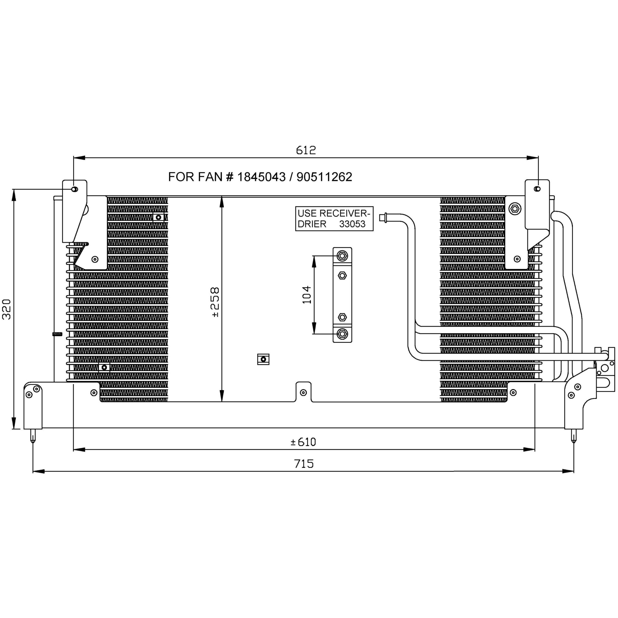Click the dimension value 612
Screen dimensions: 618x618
click(x=306, y=150)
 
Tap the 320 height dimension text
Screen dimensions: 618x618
click(x=7, y=309)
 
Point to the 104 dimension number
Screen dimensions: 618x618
click(x=306, y=295)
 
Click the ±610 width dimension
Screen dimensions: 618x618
click(x=303, y=442)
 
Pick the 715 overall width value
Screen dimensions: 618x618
click(x=304, y=464)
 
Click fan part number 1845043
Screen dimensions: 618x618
click(x=261, y=177)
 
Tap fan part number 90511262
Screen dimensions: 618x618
click(x=324, y=177)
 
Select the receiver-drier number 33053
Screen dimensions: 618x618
click(x=352, y=224)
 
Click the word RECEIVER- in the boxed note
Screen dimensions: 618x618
click(x=345, y=213)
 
